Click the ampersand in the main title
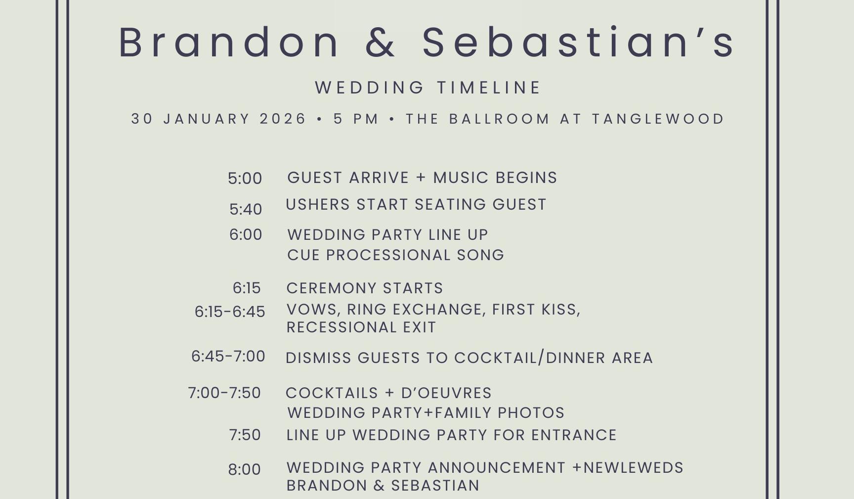coord(381,43)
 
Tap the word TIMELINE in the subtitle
coord(489,88)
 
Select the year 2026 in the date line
coord(283,119)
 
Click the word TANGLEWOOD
coord(658,119)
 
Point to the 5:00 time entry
coord(245,179)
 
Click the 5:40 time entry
coord(246,209)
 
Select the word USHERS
coord(318,204)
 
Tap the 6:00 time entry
coord(246,234)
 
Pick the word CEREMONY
coord(331,288)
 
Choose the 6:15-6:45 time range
coord(230,312)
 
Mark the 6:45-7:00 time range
coord(228,356)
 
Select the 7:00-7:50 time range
coord(224,393)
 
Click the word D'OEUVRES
coord(446,393)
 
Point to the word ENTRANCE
coord(574,435)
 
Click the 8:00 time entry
coord(244,469)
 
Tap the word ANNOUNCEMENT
coord(496,468)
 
